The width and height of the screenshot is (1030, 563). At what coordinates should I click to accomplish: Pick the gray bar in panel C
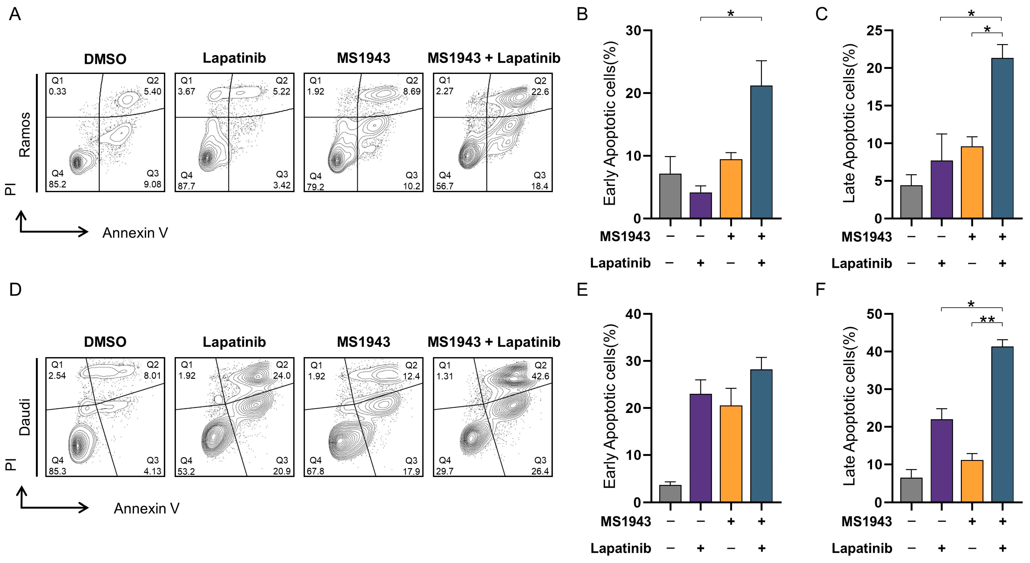tap(911, 202)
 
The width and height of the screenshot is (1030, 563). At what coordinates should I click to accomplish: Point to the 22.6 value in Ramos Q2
tap(540, 92)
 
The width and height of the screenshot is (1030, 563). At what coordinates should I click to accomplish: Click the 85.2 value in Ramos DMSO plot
tap(57, 184)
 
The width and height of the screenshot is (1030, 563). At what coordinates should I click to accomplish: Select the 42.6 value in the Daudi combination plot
tap(540, 376)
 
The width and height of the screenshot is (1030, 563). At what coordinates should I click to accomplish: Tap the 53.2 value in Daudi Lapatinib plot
tap(186, 471)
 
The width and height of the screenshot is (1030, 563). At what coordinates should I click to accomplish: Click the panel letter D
tap(15, 289)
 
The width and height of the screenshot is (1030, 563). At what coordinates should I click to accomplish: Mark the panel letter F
tap(821, 289)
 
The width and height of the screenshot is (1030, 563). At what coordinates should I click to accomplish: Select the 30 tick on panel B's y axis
tap(633, 31)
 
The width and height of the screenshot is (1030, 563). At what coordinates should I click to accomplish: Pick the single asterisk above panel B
tap(731, 14)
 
